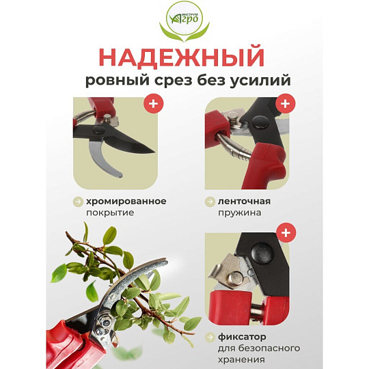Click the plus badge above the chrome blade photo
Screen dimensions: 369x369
(154, 103)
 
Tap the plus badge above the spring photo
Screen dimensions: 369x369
(286, 103)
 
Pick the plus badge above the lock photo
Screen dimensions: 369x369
(286, 233)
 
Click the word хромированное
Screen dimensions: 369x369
(126, 202)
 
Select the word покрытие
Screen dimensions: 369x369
(110, 213)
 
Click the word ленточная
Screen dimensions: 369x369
(244, 202)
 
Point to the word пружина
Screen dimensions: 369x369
(239, 213)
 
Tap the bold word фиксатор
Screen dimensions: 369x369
(242, 337)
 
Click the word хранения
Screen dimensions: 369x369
(241, 360)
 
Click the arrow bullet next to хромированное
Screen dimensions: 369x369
(78, 202)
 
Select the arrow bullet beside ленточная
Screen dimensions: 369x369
(210, 202)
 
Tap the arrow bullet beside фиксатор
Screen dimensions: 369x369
(210, 338)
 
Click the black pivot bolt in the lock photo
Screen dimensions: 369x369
(262, 253)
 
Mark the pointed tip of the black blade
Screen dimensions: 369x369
(154, 152)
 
